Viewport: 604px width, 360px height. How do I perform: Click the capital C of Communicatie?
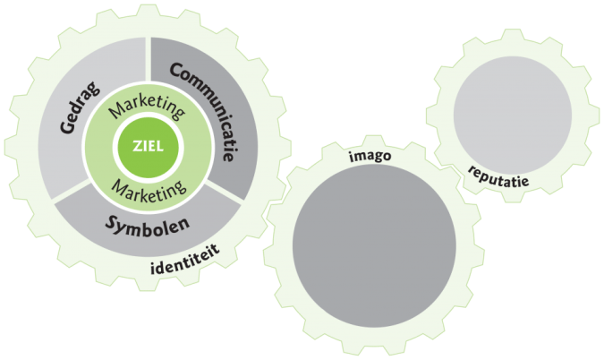[175, 69]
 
